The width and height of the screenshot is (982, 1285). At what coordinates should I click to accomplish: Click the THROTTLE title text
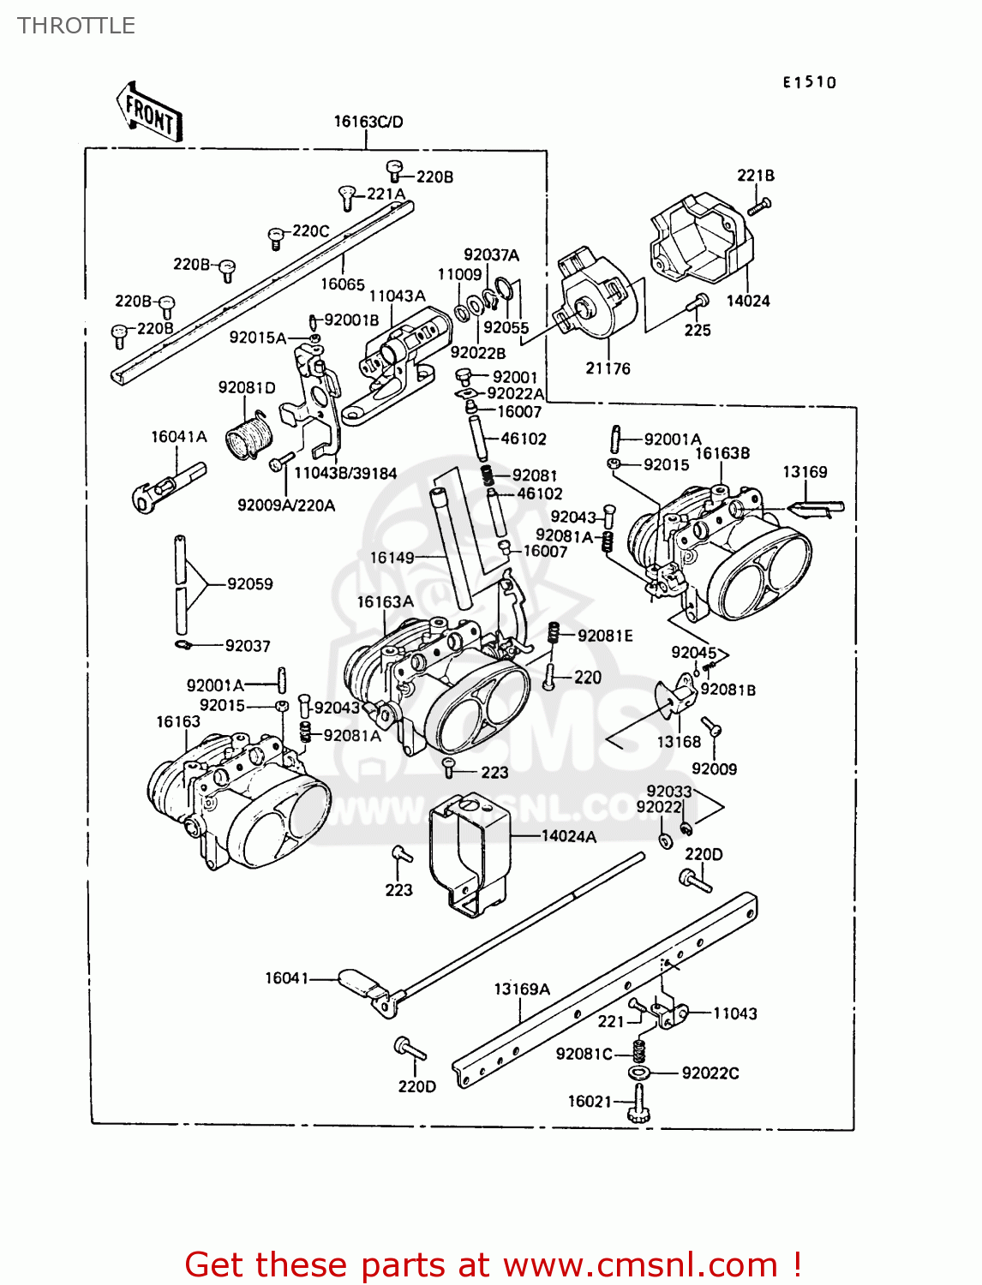coord(76,26)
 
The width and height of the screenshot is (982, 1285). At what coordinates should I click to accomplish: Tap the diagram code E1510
coord(808,82)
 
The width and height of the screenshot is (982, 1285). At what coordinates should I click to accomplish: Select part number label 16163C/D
coord(368,122)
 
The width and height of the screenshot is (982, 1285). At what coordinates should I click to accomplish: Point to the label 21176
coord(608,368)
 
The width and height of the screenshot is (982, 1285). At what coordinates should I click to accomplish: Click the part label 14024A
coord(569,836)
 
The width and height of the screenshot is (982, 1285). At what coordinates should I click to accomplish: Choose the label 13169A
coord(521,989)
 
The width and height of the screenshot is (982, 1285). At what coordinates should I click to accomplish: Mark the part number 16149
coord(392,558)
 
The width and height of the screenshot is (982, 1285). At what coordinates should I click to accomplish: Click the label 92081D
coord(247,388)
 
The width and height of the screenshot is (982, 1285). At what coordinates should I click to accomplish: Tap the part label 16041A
coord(179,437)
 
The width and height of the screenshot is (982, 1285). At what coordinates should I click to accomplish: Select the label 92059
coord(249,584)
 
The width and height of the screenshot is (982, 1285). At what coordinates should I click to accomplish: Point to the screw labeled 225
coord(698,302)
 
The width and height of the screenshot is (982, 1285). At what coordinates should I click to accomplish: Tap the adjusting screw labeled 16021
coord(639,1103)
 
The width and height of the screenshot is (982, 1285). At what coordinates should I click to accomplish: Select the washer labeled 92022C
coord(638,1073)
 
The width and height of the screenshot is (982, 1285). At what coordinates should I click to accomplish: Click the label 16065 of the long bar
coord(343,284)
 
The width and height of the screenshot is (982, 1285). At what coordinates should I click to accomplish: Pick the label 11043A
coord(397,296)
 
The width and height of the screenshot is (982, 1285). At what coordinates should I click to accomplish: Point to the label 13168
coord(679,742)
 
